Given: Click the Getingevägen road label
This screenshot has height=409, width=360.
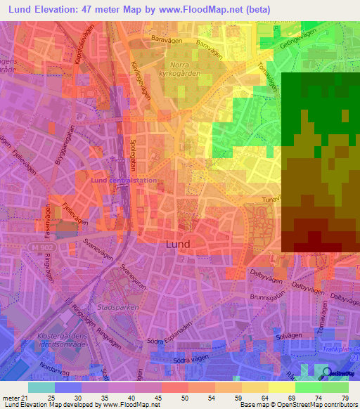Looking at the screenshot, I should (x=295, y=39).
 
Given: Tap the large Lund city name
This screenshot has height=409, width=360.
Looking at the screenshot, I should (x=176, y=244).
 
